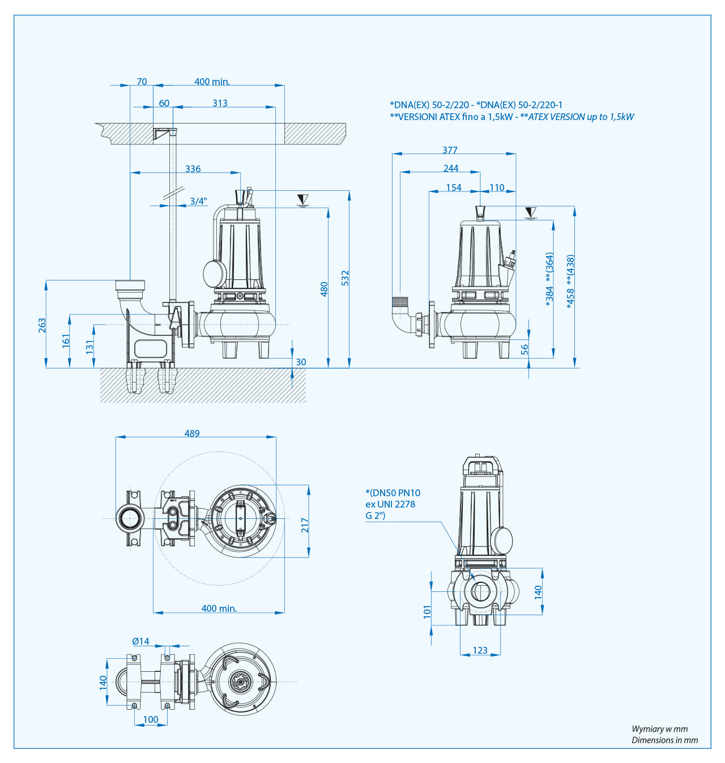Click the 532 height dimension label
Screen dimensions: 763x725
345,278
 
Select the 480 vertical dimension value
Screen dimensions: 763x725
324,289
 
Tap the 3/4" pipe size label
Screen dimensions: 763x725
198,201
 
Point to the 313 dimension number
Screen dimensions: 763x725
220,103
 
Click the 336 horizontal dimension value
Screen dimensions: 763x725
193,169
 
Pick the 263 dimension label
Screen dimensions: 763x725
42,325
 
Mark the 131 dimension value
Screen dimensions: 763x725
89,347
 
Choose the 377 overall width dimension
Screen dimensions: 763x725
450,150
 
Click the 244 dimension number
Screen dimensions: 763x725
451,168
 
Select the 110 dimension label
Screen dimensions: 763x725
497,187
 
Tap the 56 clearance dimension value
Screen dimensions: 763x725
524,349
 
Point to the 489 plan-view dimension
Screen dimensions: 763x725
192,433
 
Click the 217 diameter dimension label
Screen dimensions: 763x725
305,525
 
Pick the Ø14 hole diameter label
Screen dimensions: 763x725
141,641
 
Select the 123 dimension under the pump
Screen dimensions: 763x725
480,650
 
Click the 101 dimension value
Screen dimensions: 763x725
427,611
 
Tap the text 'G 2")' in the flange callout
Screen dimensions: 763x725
375,515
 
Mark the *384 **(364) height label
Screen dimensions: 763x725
549,280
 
